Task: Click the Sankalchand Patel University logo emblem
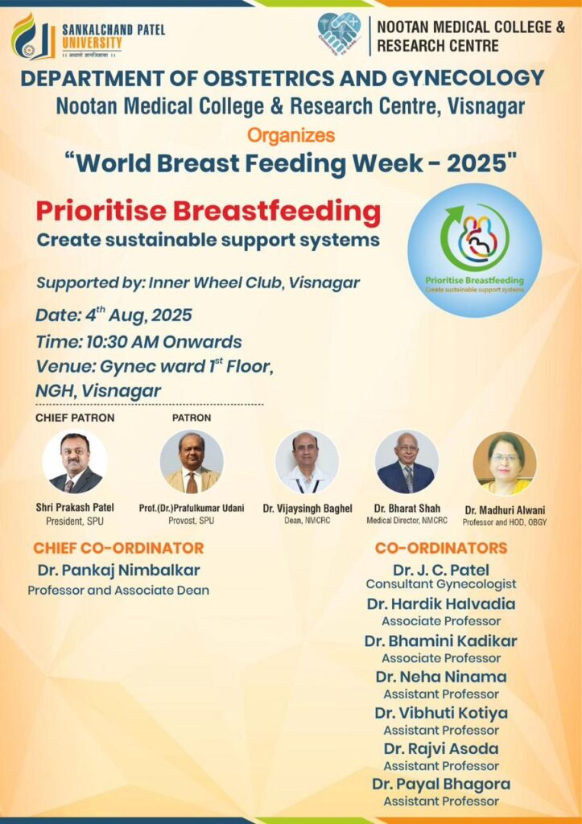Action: [32, 36]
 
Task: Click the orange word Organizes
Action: [291, 135]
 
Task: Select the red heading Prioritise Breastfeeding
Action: [208, 212]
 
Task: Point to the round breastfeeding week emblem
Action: [475, 250]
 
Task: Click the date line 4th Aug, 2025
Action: [114, 315]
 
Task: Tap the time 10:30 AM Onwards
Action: [138, 341]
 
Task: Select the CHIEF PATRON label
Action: [75, 418]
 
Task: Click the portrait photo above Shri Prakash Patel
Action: [75, 461]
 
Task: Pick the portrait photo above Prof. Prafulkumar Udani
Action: [192, 462]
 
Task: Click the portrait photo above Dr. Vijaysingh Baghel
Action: [307, 462]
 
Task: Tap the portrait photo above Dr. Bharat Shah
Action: [407, 462]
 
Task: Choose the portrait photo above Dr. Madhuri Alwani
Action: [505, 463]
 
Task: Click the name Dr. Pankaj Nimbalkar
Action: [119, 571]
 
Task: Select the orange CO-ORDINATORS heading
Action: [441, 548]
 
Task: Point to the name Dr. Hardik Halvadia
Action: [441, 604]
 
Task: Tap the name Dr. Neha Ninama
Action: [441, 677]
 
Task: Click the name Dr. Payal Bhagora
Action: [441, 784]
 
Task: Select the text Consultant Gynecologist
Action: [441, 584]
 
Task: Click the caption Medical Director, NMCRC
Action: [407, 521]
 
